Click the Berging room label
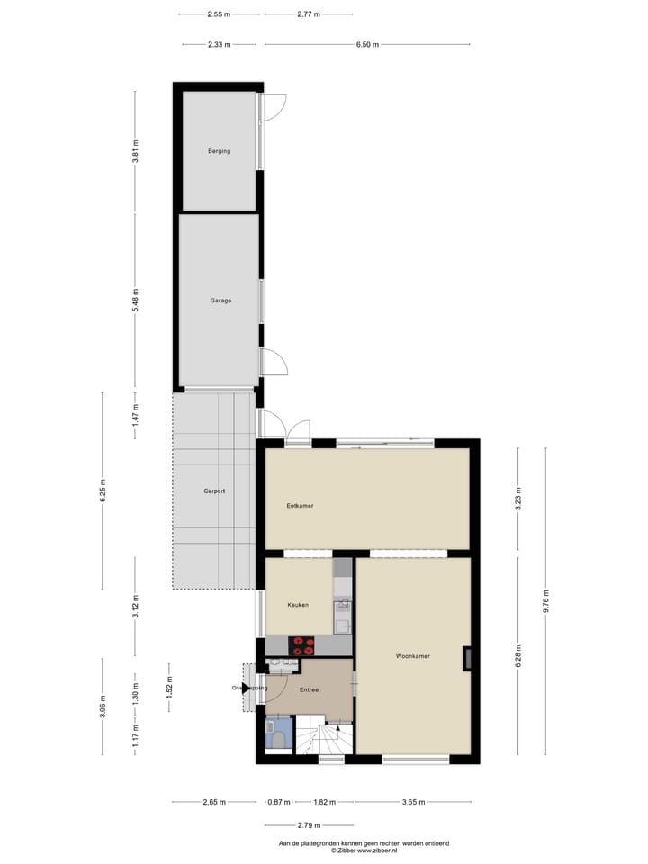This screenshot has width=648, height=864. click(x=219, y=151)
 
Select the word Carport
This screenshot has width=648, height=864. click(x=214, y=491)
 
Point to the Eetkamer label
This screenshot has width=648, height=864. click(x=300, y=506)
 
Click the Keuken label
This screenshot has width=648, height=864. click(x=298, y=605)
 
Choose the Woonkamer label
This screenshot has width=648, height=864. click(x=413, y=656)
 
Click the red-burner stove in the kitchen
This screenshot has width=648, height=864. click(x=301, y=644)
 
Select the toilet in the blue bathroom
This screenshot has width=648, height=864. click(x=279, y=739)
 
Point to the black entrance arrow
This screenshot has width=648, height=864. click(x=247, y=688)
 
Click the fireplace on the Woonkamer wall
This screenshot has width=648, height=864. click(x=468, y=659)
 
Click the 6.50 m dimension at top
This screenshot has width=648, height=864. click(x=367, y=44)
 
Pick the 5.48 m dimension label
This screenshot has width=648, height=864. click(x=136, y=301)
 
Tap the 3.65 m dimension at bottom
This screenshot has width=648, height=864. click(x=413, y=801)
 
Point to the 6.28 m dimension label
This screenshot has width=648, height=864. click(x=518, y=658)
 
